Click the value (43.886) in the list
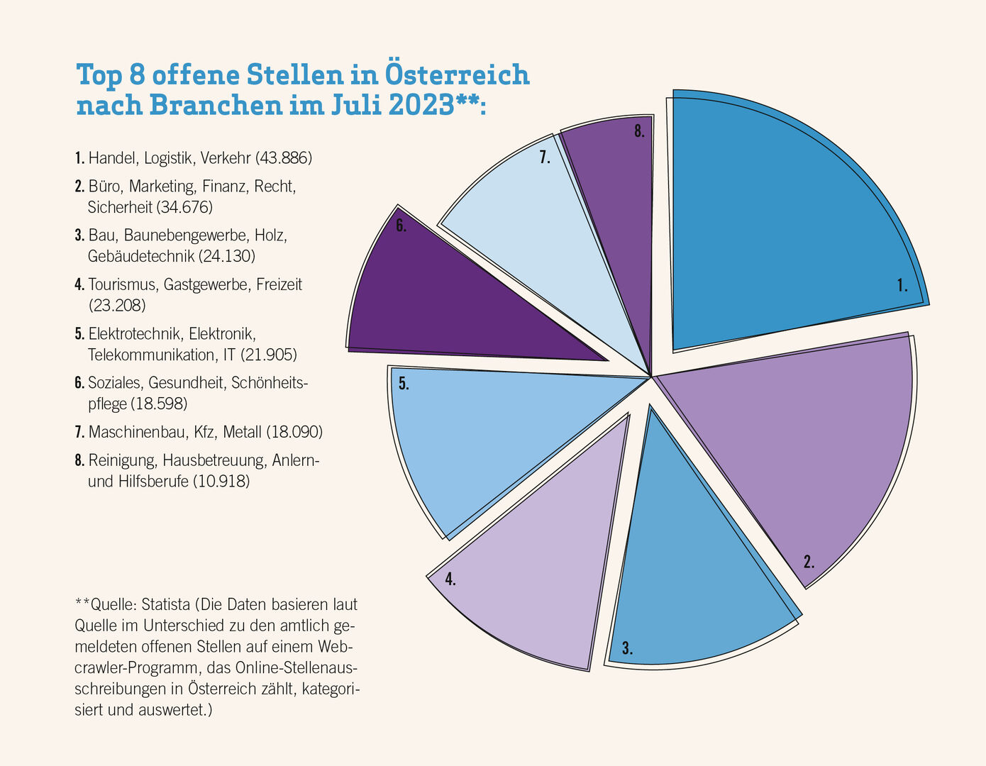(283, 158)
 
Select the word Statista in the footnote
(165, 605)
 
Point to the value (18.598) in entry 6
(159, 404)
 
